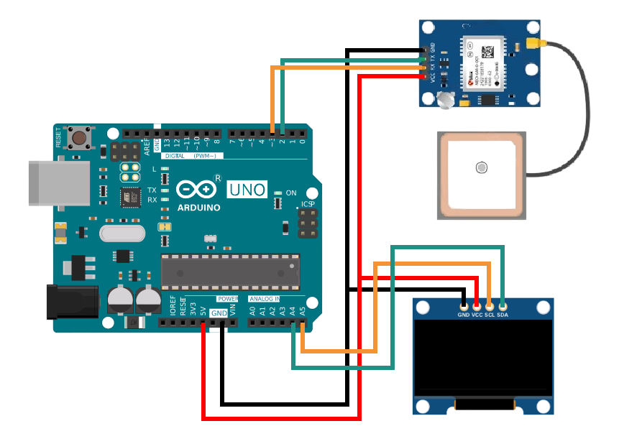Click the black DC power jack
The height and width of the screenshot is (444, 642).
coord(72,301)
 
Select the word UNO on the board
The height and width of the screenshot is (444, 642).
coord(247,190)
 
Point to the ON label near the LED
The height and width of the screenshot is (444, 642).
coord(291,193)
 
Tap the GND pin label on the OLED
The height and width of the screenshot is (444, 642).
coord(464,315)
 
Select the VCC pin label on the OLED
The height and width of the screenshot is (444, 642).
coord(477,315)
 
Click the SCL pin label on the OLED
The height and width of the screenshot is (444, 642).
coord(490,315)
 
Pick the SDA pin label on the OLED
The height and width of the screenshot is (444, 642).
coord(503,315)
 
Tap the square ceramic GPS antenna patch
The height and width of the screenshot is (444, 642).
coord(480,175)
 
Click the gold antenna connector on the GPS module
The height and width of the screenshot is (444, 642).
coord(535,45)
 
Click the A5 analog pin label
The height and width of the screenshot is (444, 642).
coord(303,311)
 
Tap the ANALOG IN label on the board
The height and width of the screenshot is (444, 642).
coord(264,298)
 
